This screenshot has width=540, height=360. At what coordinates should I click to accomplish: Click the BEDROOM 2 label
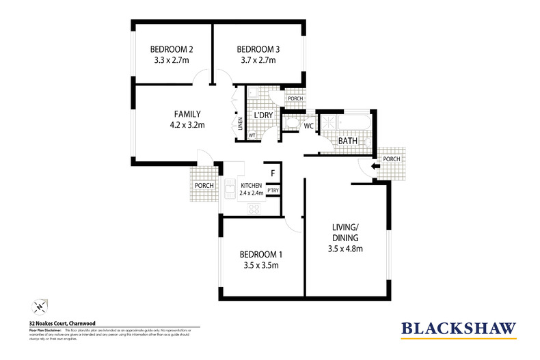pyautogui.click(x=172, y=49)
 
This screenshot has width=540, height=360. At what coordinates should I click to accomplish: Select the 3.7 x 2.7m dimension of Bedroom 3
pyautogui.click(x=256, y=60)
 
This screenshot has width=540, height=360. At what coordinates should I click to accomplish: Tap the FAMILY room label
pyautogui.click(x=187, y=113)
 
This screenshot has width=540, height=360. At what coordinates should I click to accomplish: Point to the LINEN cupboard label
pyautogui.click(x=240, y=124)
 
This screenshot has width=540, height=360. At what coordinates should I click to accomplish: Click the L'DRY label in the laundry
pyautogui.click(x=263, y=115)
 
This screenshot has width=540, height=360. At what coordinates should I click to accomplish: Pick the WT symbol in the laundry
pyautogui.click(x=252, y=135)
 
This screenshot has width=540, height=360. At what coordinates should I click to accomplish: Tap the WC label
pyautogui.click(x=308, y=126)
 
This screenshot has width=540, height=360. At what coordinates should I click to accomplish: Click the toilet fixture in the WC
pyautogui.click(x=290, y=124)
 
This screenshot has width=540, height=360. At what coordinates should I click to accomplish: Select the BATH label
pyautogui.click(x=347, y=140)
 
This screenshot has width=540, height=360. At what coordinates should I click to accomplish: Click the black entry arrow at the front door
pyautogui.click(x=375, y=165)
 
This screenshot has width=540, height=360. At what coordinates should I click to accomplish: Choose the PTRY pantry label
pyautogui.click(x=272, y=191)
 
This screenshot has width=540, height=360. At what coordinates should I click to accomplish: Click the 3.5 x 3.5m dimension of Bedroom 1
pyautogui.click(x=260, y=265)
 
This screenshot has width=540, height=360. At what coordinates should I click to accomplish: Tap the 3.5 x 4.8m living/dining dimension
pyautogui.click(x=345, y=249)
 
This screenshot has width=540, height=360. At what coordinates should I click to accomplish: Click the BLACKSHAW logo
pyautogui.click(x=458, y=329)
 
